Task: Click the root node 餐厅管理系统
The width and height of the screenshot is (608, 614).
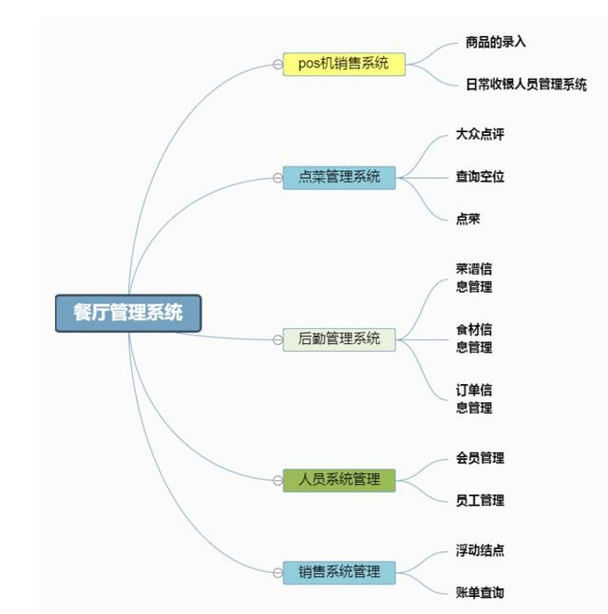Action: pyautogui.click(x=128, y=313)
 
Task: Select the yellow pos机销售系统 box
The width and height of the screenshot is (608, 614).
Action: pyautogui.click(x=344, y=65)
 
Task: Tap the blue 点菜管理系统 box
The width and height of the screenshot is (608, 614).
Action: pyautogui.click(x=339, y=177)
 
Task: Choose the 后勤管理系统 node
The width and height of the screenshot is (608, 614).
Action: pyautogui.click(x=339, y=339)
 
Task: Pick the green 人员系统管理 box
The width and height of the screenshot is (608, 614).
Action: pyautogui.click(x=339, y=480)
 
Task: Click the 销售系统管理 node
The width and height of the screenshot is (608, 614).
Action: pyautogui.click(x=339, y=572)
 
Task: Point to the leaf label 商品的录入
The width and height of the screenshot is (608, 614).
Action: pyautogui.click(x=496, y=42)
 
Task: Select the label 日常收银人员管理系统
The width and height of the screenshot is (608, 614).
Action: pyautogui.click(x=526, y=85)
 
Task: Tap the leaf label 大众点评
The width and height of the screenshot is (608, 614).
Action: pyautogui.click(x=480, y=134)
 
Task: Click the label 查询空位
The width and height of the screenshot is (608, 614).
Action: pyautogui.click(x=480, y=177)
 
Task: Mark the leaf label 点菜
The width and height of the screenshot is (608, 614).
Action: pyautogui.click(x=467, y=219)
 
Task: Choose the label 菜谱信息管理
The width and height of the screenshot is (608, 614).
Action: pyautogui.click(x=474, y=278)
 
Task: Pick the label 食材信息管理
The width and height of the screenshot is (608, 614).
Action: pyautogui.click(x=474, y=338)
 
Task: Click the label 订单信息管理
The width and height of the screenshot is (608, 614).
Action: pyautogui.click(x=474, y=399)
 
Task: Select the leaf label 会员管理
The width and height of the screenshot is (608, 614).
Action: pyautogui.click(x=480, y=458)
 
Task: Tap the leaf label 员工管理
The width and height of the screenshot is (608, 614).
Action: pyautogui.click(x=480, y=500)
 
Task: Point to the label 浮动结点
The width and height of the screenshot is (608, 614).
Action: pyautogui.click(x=480, y=550)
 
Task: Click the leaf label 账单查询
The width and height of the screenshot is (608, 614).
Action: pyautogui.click(x=480, y=592)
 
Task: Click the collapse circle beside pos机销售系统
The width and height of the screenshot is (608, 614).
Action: pyautogui.click(x=277, y=65)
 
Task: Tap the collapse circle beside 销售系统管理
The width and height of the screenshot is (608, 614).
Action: pyautogui.click(x=277, y=572)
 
